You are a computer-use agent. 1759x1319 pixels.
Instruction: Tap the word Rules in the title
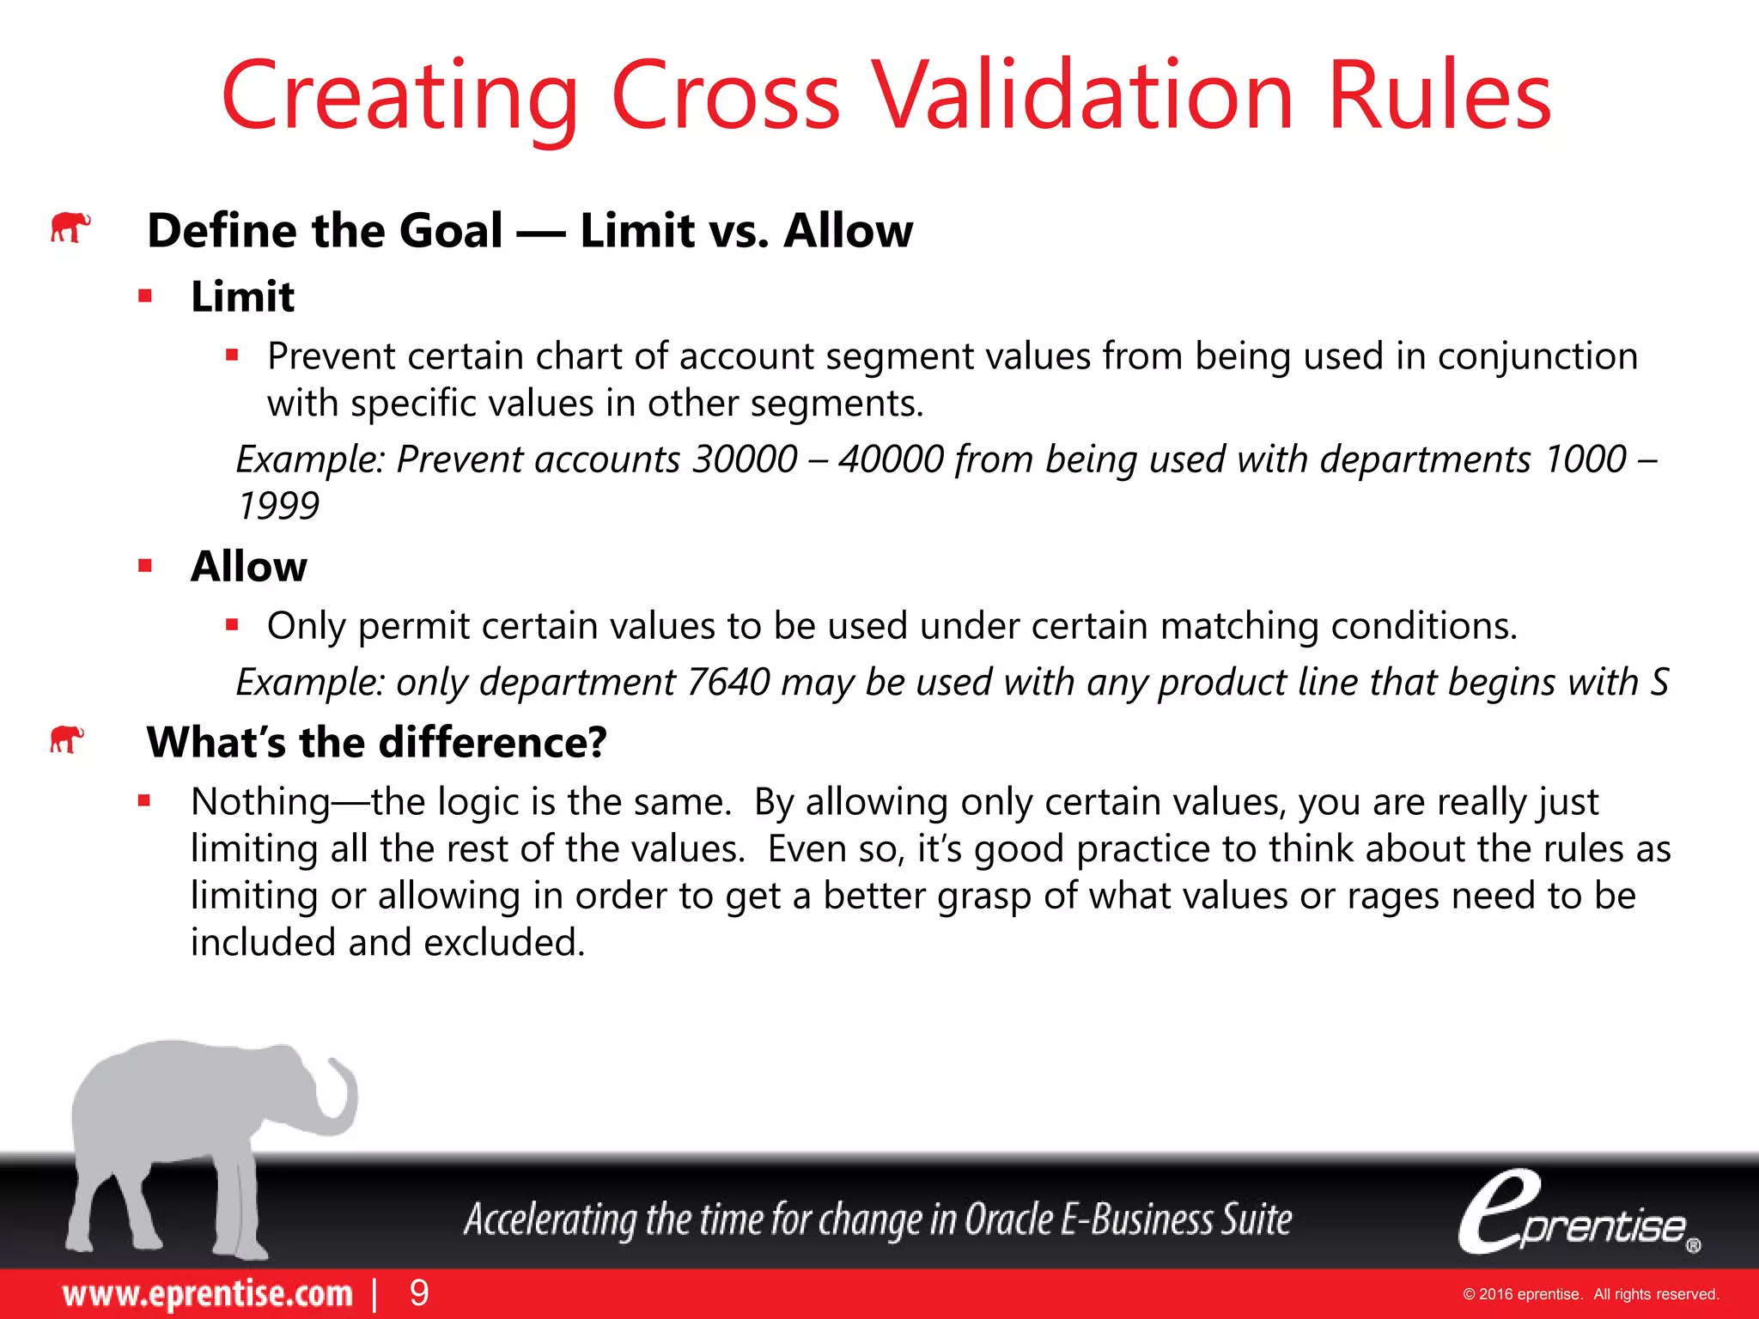[1439, 95]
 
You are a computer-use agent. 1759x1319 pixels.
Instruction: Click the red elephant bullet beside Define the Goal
[70, 228]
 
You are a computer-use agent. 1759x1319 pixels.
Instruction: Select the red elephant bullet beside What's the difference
[67, 739]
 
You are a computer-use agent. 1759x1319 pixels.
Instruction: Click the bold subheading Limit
[242, 297]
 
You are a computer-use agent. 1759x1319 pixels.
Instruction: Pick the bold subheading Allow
[248, 567]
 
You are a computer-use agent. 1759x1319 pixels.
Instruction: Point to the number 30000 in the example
[745, 459]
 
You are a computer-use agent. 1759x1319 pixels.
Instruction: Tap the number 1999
[278, 506]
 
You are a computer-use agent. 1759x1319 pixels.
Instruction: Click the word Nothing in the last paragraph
[260, 802]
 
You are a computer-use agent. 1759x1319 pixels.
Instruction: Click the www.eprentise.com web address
[207, 1293]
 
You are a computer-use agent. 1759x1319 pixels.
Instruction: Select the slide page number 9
[419, 1293]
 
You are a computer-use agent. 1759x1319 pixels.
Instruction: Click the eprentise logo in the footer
[1577, 1213]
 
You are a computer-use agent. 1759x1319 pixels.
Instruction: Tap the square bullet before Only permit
[232, 625]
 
